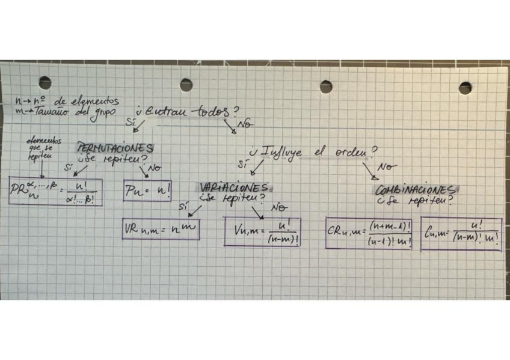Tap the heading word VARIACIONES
pos(234,188)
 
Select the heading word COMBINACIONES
pos(414,190)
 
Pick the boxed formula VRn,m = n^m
pos(161,229)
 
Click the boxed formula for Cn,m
pos(461,233)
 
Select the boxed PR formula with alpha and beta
pos(55,192)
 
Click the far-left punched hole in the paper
pos(45,83)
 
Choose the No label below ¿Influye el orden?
pos(386,166)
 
